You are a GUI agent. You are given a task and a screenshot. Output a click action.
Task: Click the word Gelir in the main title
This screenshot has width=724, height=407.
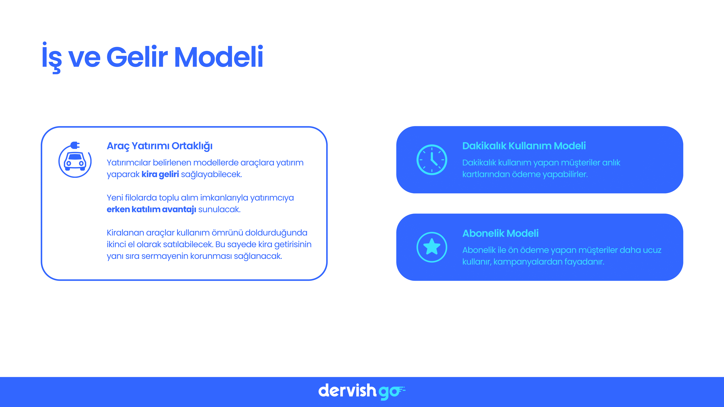pos(137,57)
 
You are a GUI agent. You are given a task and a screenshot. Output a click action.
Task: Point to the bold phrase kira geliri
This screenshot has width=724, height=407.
pos(160,174)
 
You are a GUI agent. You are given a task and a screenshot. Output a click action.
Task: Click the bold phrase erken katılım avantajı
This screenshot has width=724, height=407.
pos(151,209)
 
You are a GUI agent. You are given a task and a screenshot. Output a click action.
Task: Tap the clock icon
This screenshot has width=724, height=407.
pos(432,160)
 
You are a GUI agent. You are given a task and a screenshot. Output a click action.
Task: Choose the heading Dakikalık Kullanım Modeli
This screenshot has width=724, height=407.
pos(524,146)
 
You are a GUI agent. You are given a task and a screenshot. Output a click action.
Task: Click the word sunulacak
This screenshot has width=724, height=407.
pos(219,209)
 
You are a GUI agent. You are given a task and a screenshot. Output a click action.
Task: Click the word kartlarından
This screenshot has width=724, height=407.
pos(486,174)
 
